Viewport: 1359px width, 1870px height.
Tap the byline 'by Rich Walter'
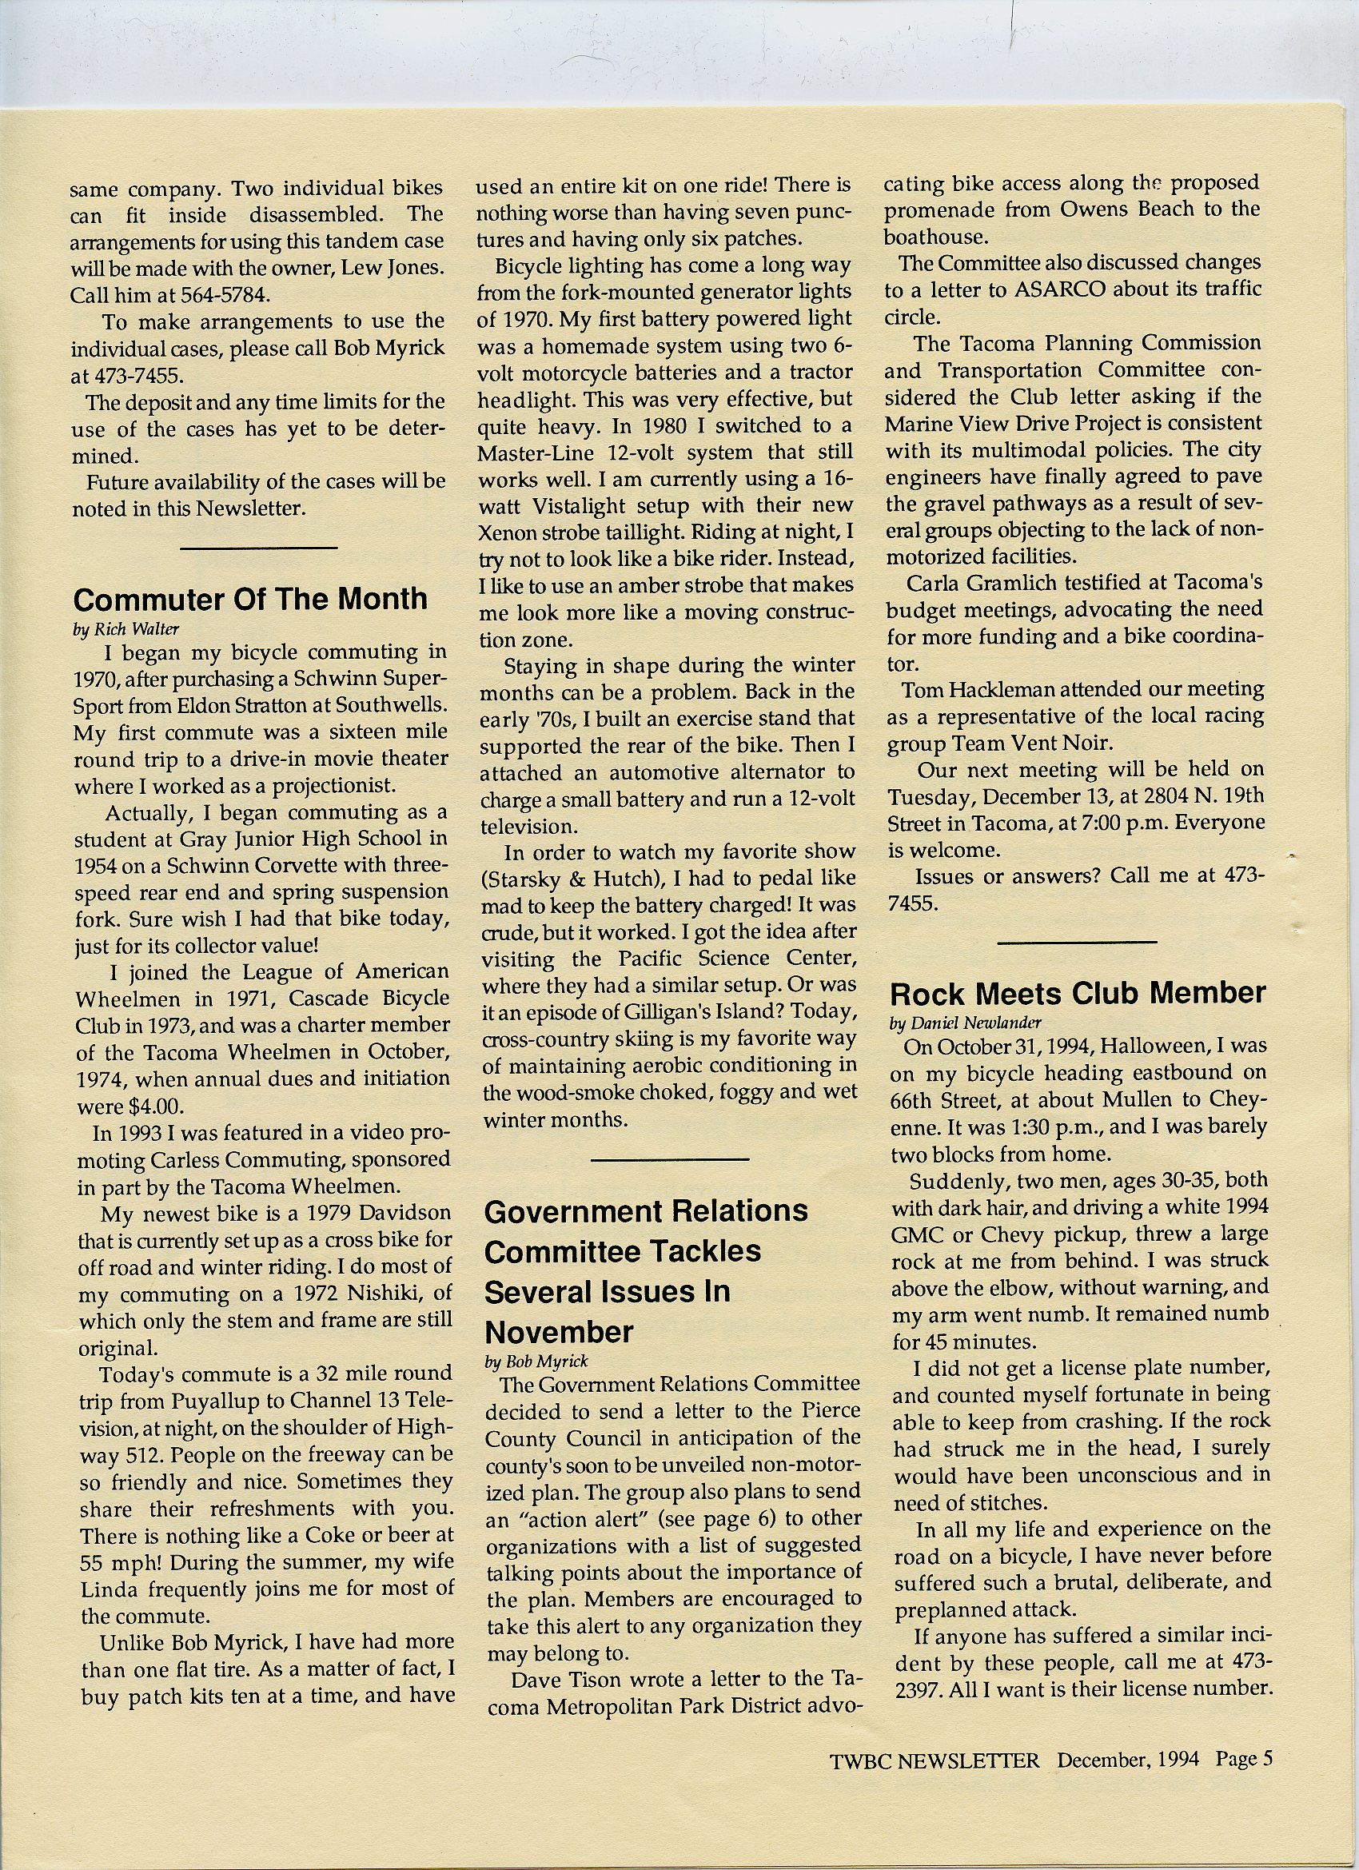126,628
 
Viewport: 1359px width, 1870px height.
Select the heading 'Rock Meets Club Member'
1077,994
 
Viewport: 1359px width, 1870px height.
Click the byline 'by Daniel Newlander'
965,1023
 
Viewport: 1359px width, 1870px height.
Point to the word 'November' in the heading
558,1332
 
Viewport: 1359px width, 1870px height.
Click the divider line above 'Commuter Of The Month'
258,547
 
